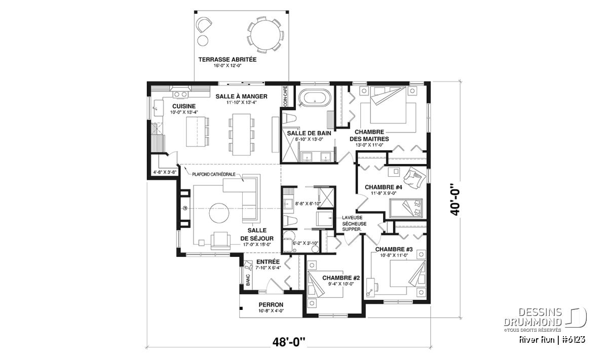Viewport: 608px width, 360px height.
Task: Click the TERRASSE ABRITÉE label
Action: tap(227, 59)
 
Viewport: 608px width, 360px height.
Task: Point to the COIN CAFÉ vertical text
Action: tap(285, 96)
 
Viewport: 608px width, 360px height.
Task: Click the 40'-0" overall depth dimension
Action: tap(455, 199)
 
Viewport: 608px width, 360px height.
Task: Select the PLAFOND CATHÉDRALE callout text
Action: tap(214, 174)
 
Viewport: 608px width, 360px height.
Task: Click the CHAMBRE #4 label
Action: tap(383, 187)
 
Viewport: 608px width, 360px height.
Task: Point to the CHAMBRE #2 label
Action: tap(341, 278)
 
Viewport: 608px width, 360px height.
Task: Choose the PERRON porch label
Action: tap(271, 305)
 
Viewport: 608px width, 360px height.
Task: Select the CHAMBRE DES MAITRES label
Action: tap(369, 135)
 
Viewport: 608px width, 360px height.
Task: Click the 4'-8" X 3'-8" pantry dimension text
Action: tap(165, 172)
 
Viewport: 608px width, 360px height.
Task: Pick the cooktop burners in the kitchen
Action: tap(180, 94)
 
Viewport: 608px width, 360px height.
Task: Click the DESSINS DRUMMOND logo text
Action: tap(533, 317)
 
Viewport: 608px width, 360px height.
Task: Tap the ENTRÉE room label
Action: tap(268, 262)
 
